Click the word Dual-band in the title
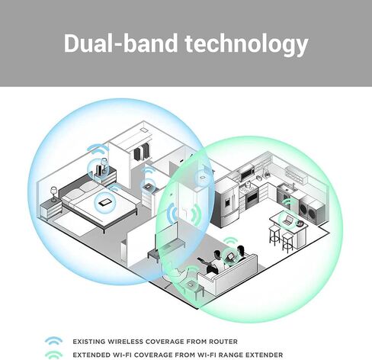[x=120, y=43]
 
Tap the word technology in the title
[x=247, y=45]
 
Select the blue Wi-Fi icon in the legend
[x=53, y=341]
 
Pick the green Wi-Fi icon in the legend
[x=53, y=355]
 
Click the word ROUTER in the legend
[x=223, y=342]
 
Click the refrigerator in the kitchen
[x=226, y=202]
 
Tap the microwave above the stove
[x=246, y=173]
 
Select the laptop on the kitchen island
[x=287, y=220]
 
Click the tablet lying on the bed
[x=104, y=203]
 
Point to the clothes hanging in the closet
[x=142, y=152]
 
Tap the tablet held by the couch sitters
[x=230, y=257]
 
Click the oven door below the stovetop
[x=252, y=198]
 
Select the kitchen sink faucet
[x=293, y=186]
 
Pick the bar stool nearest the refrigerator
[x=274, y=235]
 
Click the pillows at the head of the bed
[x=78, y=193]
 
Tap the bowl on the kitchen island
[x=299, y=223]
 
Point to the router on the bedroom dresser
[x=99, y=169]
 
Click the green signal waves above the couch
[x=231, y=241]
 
